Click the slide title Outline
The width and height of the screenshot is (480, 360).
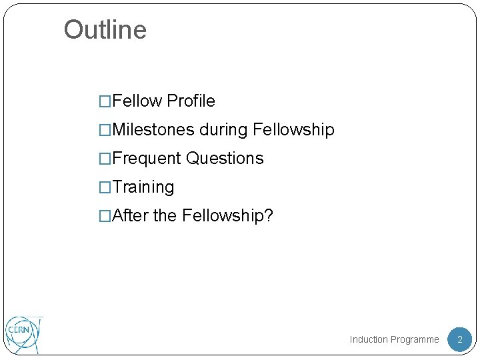[105, 30]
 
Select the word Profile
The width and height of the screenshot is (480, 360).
[191, 101]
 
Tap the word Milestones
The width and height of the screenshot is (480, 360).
[154, 130]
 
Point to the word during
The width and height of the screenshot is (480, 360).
[224, 130]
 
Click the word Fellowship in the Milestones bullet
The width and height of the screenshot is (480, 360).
[294, 130]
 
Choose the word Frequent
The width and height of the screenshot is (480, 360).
[147, 159]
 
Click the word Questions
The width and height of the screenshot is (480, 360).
[225, 159]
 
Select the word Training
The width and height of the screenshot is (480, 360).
[144, 187]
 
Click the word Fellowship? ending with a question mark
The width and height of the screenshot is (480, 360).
[227, 216]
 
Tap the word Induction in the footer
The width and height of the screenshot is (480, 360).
[369, 340]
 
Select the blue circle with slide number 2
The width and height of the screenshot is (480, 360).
[459, 339]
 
